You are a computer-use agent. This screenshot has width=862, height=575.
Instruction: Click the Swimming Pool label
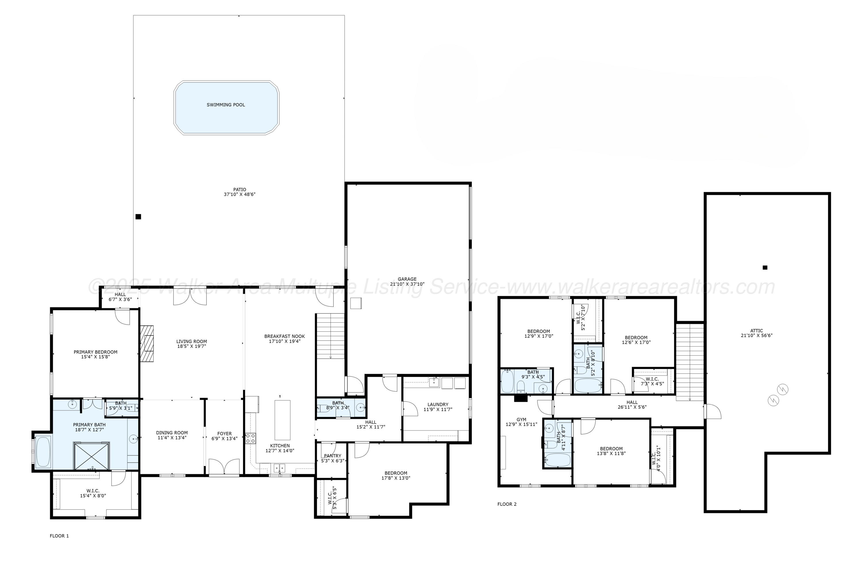coord(226,105)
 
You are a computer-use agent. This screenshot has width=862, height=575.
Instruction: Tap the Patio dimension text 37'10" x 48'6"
coord(239,194)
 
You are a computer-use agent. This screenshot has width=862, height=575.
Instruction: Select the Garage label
coord(407,279)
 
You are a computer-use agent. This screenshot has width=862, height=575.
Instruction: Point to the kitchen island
coord(282,420)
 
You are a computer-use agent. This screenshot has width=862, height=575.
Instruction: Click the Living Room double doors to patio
coord(190,297)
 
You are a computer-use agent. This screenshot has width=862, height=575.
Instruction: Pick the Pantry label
coord(332,456)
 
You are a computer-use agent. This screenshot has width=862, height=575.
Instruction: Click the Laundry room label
coord(438,405)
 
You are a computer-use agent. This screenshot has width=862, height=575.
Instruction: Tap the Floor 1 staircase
coord(330,337)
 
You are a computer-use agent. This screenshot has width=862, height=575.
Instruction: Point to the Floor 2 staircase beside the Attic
coord(690,361)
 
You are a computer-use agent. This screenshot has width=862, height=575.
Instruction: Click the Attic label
coord(757,331)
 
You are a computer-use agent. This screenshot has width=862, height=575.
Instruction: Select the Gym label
coord(521,419)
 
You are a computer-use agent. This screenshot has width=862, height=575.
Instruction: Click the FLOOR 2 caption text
coord(507,504)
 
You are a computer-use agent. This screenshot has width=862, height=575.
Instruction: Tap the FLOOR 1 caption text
coord(59,536)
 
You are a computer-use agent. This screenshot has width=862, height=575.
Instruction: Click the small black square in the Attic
coord(765,268)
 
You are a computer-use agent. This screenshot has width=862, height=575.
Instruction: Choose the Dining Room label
coord(172,433)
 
